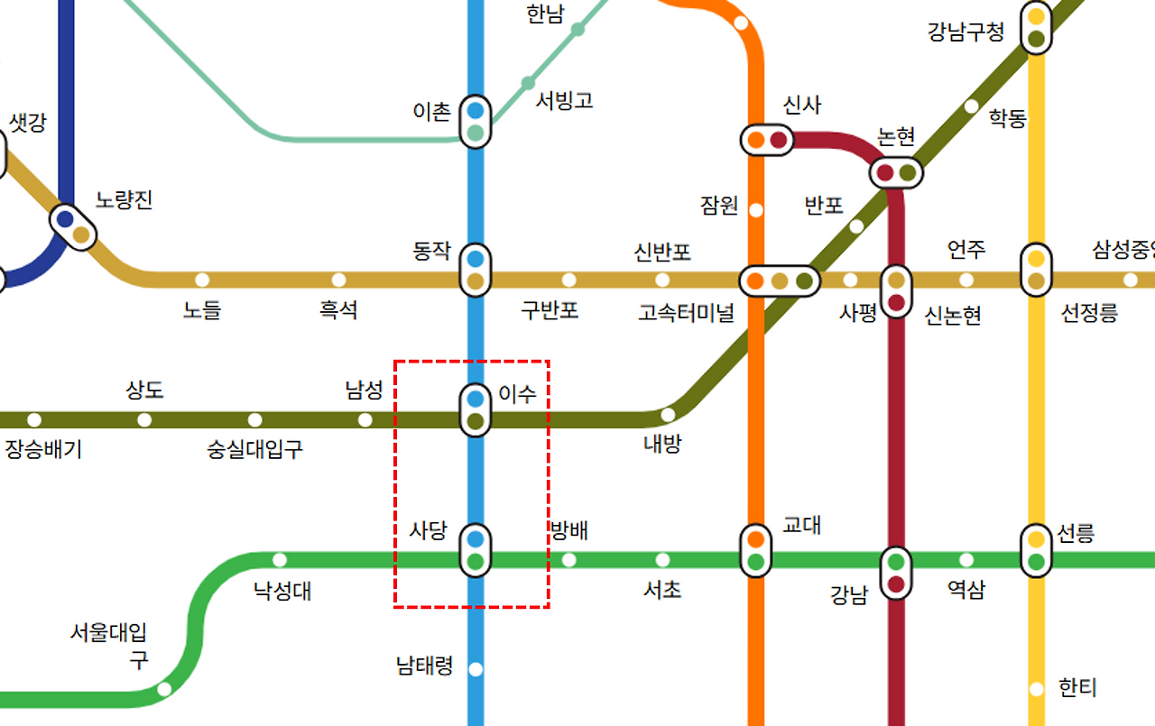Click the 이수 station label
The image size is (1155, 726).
click(517, 393)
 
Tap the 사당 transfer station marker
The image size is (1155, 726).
click(476, 551)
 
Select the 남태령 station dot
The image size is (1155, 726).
click(476, 669)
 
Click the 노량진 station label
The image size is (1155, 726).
click(125, 199)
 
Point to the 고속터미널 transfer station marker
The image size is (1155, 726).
click(780, 280)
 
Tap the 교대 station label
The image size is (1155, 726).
click(801, 524)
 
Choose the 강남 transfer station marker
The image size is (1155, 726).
click(896, 573)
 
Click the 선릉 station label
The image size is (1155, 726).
click(1076, 533)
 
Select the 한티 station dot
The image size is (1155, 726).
click(1037, 689)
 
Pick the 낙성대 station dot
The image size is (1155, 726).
click(280, 559)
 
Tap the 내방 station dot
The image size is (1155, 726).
click(668, 415)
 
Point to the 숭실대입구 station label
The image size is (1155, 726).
click(255, 448)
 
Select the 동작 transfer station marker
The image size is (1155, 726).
click(476, 270)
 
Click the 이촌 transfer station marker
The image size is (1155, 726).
click(476, 123)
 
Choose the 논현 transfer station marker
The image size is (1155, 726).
click(896, 172)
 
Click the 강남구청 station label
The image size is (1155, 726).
click(966, 32)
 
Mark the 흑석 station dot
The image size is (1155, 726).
click(338, 280)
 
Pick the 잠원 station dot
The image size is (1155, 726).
click(756, 210)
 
